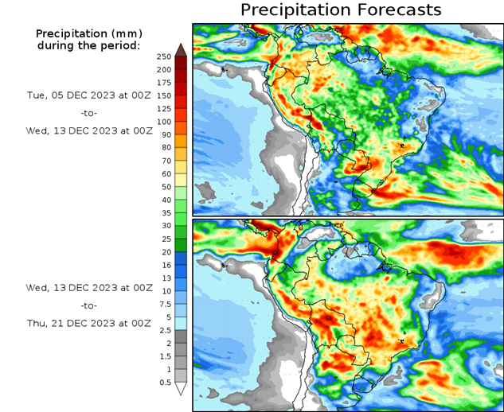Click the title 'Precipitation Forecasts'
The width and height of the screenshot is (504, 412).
[340, 10]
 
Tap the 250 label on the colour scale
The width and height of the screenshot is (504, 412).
[164, 56]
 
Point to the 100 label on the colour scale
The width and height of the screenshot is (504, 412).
[164, 122]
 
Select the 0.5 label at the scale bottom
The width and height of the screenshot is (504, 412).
[164, 383]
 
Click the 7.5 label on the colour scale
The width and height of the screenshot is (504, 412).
[164, 304]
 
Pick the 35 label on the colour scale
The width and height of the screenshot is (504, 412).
[164, 213]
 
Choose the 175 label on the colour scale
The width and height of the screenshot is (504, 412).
[164, 83]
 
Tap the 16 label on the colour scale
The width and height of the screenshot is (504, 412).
[164, 265]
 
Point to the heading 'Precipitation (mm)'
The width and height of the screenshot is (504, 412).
[88, 33]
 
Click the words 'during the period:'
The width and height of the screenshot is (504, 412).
[88, 45]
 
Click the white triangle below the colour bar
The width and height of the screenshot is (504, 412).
[181, 389]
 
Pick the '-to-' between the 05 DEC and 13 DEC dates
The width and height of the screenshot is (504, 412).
[88, 112]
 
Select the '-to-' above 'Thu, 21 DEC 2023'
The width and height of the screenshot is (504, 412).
[88, 305]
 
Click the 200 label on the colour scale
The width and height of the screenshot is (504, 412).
[164, 69]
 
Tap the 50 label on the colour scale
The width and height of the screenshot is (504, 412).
[164, 187]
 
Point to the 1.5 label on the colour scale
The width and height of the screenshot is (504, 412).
[164, 356]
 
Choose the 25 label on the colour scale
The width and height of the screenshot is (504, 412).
[164, 239]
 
